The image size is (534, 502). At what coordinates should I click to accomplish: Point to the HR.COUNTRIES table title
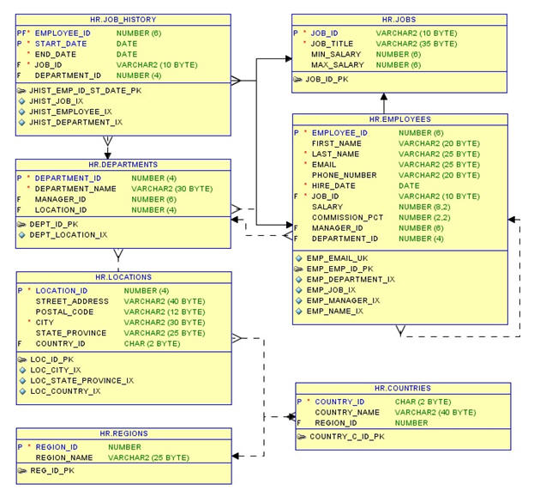click(x=402, y=389)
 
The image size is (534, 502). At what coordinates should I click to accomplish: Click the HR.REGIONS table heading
click(x=123, y=434)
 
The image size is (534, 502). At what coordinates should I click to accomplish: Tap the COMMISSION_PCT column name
click(x=347, y=218)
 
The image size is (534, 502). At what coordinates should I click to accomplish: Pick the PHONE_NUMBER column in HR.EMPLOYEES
click(x=345, y=175)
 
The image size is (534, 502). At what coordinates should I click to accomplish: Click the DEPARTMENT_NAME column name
click(x=75, y=189)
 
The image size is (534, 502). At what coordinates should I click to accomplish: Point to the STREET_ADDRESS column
click(x=71, y=301)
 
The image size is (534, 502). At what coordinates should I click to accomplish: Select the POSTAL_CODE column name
click(x=65, y=312)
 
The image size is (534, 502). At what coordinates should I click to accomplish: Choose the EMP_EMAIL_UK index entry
click(x=338, y=257)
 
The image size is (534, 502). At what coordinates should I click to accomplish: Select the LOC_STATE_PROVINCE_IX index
click(x=81, y=380)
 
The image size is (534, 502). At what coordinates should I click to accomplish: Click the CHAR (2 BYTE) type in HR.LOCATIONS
click(x=151, y=343)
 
